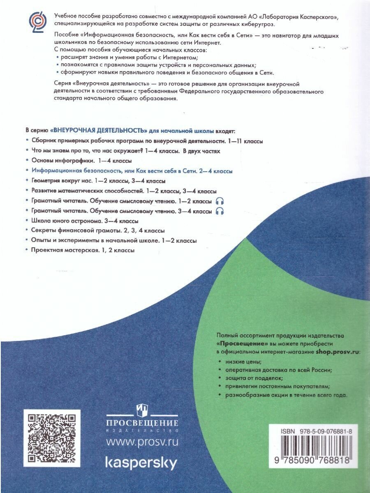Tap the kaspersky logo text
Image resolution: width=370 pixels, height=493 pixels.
tap(142, 463)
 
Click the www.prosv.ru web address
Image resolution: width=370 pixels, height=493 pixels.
tap(142, 442)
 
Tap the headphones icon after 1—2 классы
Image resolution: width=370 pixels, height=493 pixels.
tap(220, 201)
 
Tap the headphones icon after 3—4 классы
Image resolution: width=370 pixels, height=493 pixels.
tap(220, 211)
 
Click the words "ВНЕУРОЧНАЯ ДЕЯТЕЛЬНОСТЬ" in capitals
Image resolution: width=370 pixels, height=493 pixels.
tap(99, 131)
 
